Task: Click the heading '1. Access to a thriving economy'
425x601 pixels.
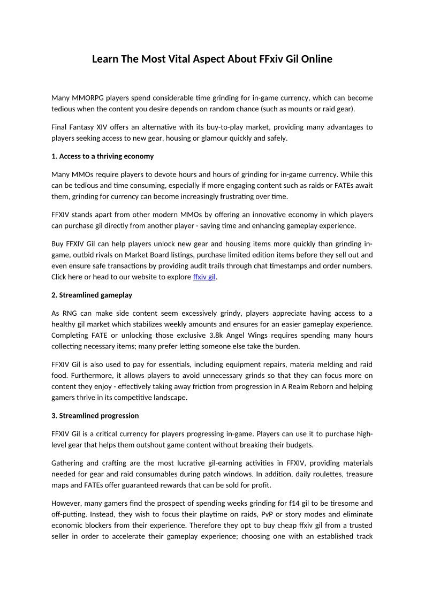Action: [x=102, y=156]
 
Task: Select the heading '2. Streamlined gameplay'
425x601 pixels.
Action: [x=92, y=295]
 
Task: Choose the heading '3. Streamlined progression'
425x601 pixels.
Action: [x=95, y=415]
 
